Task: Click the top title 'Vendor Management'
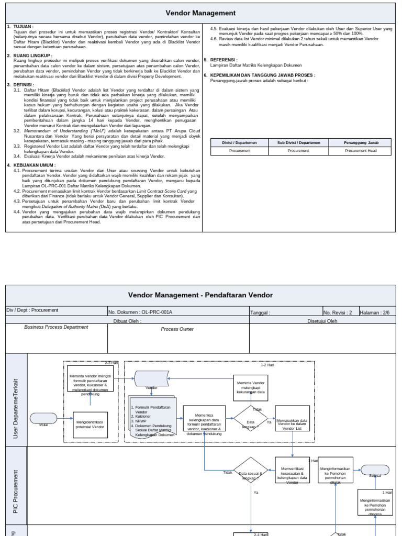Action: tap(200, 13)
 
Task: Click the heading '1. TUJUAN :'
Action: tap(21, 26)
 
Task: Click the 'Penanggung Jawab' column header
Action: tap(361, 142)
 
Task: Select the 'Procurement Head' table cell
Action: tap(361, 151)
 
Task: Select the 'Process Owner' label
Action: tap(177, 329)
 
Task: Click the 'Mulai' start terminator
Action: tap(43, 419)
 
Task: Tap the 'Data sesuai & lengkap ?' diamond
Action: tap(251, 470)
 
